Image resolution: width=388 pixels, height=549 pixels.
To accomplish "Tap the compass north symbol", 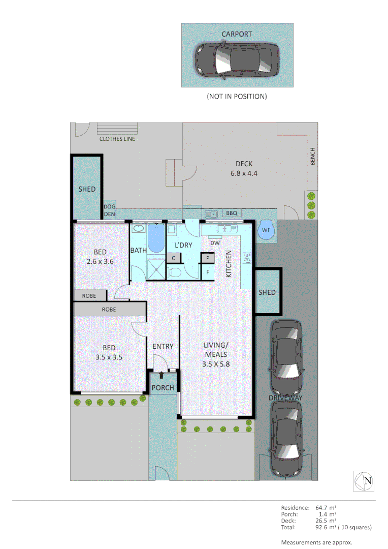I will point(365,481).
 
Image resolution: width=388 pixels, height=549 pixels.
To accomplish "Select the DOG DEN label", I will point(110,211).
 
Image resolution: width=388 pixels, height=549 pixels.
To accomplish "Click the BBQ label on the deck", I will point(231,213).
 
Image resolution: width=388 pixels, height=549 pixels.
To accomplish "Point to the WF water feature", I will point(266,230).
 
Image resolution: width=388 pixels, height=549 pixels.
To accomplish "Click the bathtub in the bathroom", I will point(155,239).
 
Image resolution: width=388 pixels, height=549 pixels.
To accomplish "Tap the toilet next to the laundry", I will point(174,272).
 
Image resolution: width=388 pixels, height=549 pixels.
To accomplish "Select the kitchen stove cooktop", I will point(247,258).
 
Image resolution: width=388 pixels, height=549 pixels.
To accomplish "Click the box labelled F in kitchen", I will point(207,272).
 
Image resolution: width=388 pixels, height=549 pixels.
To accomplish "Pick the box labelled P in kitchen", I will point(207,258).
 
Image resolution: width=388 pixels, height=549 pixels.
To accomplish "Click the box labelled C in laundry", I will point(174,258).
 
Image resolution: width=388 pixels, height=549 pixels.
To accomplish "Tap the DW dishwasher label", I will point(215,243).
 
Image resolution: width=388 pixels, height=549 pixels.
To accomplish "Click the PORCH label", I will point(163,388).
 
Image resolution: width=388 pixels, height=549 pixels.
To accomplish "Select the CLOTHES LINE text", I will point(117,139).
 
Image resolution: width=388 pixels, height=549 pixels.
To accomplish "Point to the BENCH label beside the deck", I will point(313,156).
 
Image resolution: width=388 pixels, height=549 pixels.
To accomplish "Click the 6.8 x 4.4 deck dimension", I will point(244,173).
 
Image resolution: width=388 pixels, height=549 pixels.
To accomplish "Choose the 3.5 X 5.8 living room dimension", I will point(215,363).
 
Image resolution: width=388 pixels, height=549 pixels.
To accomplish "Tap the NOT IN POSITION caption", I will point(237,96).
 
